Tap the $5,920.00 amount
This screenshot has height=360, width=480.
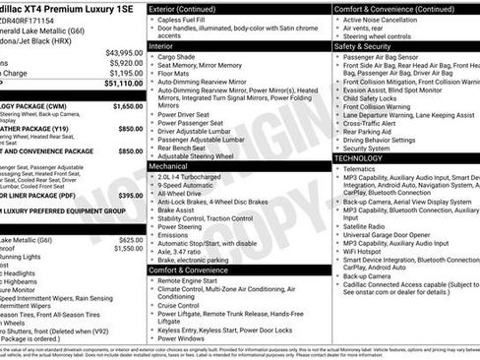point(125,63)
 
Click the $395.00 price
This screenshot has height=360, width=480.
point(130,195)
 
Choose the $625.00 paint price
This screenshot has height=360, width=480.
point(130,240)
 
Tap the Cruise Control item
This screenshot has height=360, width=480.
point(186,305)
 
